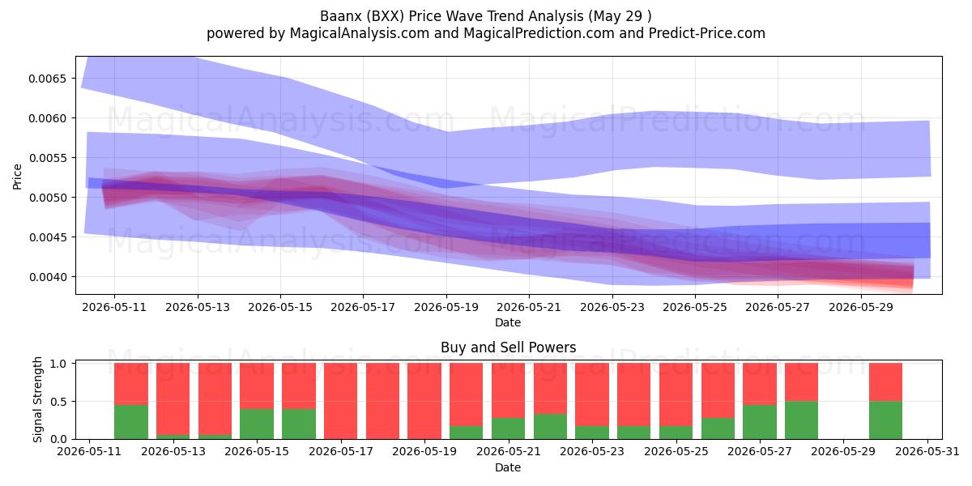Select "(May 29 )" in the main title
(620, 16)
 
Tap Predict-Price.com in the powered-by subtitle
(707, 33)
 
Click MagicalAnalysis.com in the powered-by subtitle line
(360, 33)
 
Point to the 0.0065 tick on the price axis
(48, 79)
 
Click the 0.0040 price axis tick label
(48, 277)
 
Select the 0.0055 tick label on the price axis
(48, 159)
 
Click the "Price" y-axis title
(17, 177)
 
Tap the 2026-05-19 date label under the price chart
(446, 307)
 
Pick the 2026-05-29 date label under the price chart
(861, 307)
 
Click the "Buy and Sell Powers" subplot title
(508, 347)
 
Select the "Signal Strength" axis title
(38, 399)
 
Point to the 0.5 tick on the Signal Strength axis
(58, 402)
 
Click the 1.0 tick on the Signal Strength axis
(58, 364)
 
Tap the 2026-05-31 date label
(927, 452)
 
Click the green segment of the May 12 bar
(131, 422)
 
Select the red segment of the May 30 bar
(885, 382)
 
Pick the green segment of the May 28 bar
(801, 420)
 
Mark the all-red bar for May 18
(382, 402)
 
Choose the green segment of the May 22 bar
(550, 427)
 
